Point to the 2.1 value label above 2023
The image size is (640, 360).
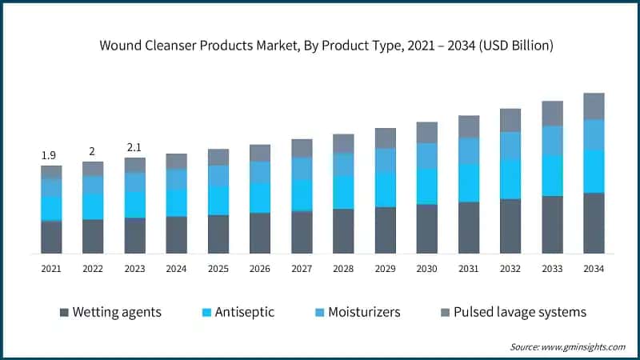click(134, 146)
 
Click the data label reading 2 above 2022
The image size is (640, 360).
click(93, 151)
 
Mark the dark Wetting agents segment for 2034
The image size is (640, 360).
click(593, 223)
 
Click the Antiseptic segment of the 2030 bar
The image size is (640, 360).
click(426, 186)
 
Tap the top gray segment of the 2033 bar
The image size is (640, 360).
click(551, 114)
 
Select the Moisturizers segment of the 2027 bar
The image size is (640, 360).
click(302, 169)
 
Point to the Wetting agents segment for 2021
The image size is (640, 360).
click(51, 237)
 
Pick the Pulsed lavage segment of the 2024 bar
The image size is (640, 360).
click(176, 161)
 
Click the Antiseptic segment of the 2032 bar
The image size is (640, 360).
click(510, 178)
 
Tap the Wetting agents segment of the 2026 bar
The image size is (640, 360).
click(260, 233)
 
